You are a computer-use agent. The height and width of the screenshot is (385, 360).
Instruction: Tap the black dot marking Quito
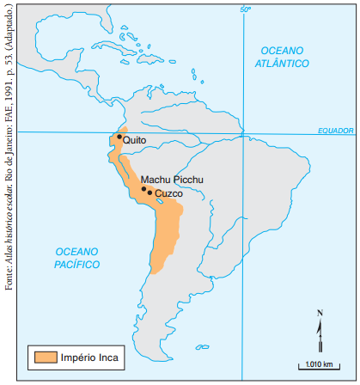(x=120, y=136)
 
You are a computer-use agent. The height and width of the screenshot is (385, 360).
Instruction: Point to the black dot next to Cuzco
(x=150, y=192)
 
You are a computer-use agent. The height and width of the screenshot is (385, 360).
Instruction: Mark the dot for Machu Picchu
(x=143, y=189)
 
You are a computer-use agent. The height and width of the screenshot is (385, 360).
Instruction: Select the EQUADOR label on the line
(x=335, y=129)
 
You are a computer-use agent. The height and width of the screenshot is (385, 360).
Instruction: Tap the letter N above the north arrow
(x=320, y=312)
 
